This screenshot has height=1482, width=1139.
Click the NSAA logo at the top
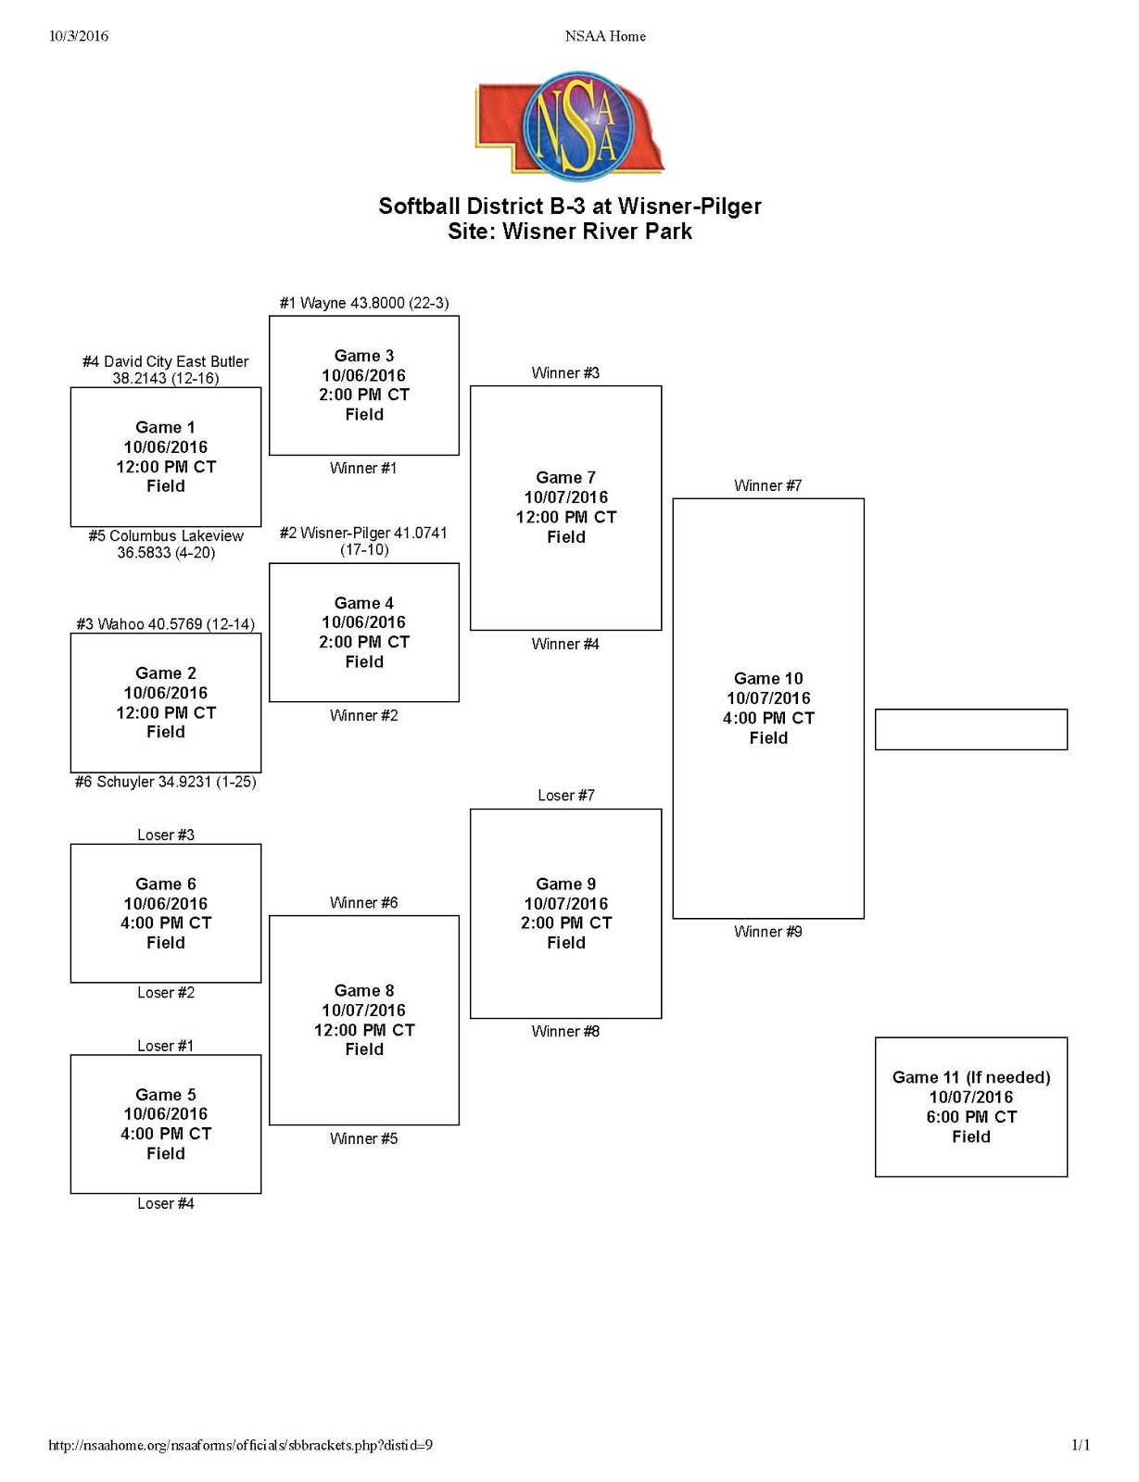(x=569, y=125)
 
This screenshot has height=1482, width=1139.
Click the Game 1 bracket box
(x=166, y=457)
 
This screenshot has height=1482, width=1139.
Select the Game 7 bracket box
(x=565, y=508)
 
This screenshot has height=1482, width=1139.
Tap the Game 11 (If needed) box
(x=970, y=1107)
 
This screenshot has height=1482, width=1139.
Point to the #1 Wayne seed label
(x=364, y=303)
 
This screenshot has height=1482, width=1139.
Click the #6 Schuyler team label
(x=166, y=782)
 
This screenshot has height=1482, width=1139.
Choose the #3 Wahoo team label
(x=166, y=624)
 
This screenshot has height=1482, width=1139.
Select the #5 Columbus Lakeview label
(x=166, y=544)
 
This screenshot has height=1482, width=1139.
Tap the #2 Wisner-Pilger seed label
(x=364, y=541)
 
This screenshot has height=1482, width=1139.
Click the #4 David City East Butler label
(x=166, y=370)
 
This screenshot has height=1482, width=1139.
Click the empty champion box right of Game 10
(x=970, y=730)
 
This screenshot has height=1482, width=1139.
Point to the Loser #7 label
(x=565, y=796)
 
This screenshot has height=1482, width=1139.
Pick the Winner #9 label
(x=767, y=932)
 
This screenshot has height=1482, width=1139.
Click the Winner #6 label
(x=364, y=903)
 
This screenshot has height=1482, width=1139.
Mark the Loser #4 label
(x=166, y=1204)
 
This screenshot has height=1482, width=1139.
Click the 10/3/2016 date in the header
(x=79, y=36)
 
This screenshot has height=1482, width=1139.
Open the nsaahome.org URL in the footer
(x=240, y=1445)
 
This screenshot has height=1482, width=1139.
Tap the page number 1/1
(x=1081, y=1445)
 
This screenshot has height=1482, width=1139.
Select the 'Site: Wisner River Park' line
(x=569, y=232)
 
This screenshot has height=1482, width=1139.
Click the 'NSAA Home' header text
(x=605, y=36)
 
